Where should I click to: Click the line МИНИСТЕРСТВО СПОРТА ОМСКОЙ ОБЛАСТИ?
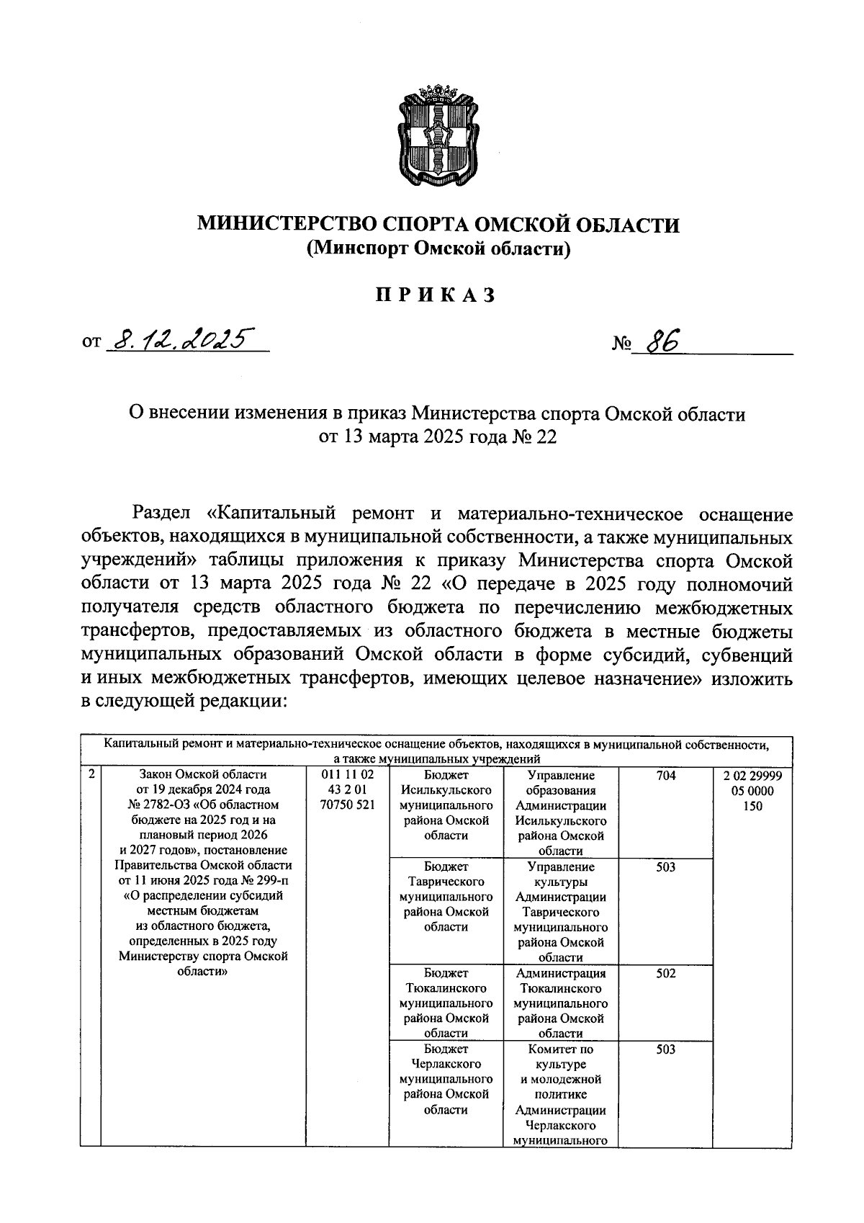438,225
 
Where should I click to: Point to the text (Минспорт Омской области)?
438,248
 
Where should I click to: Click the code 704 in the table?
665,776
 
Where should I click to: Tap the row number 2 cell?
91,776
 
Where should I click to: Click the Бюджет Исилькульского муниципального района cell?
446,805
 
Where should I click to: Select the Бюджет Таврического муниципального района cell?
446,897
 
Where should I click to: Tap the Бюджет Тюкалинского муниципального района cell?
446,1003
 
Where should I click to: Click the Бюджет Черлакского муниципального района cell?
446,1079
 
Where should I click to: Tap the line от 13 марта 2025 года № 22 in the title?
438,437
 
